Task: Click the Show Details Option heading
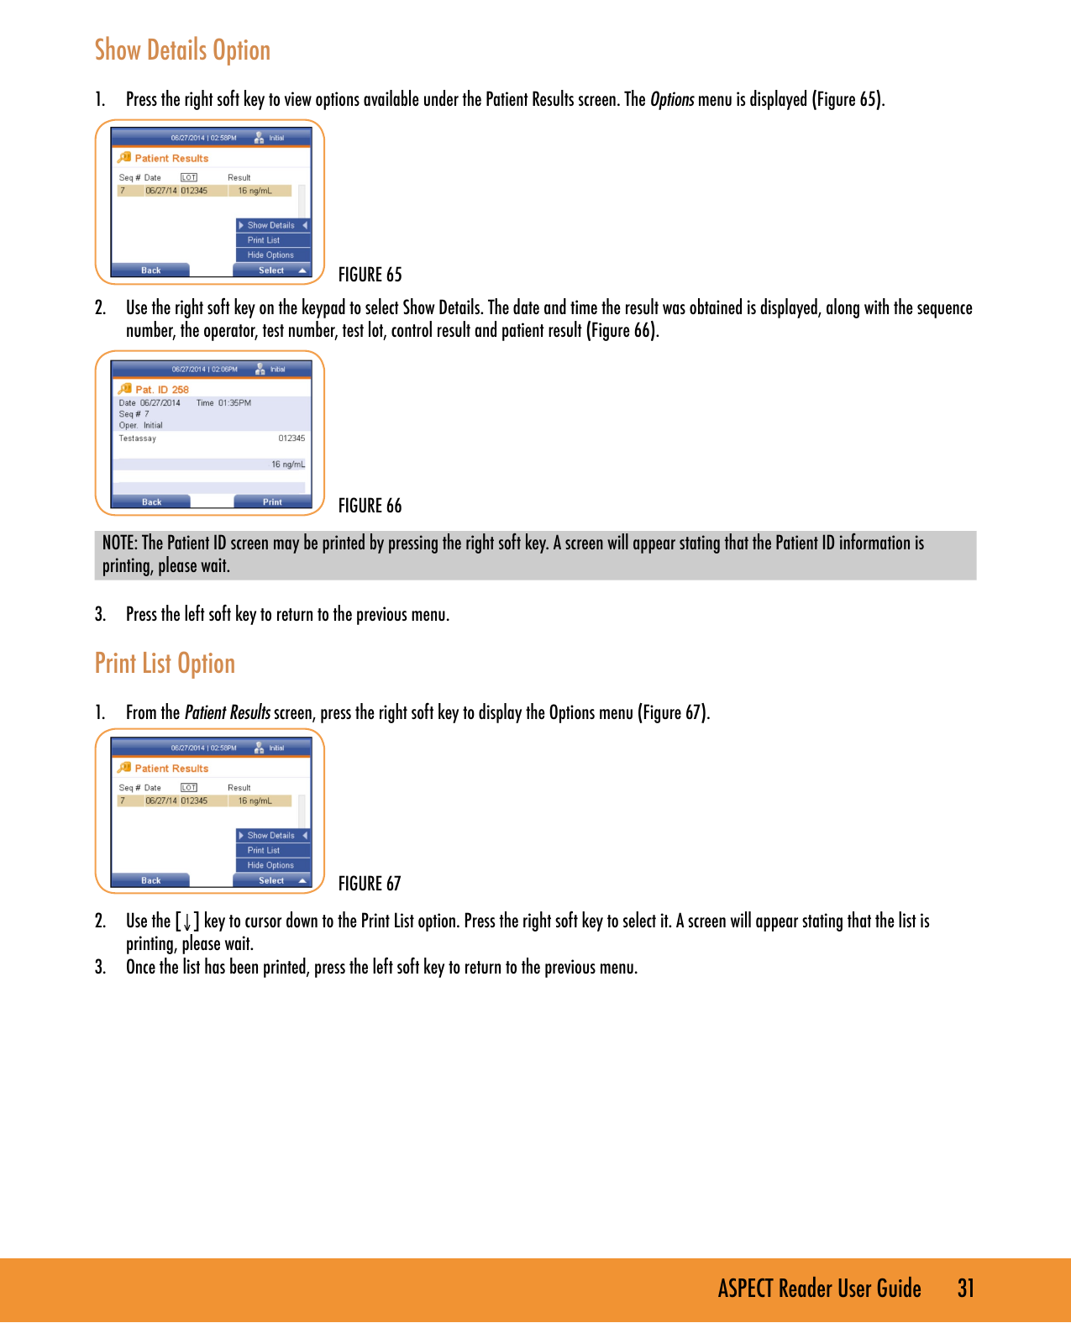coord(182,50)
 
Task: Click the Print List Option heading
coord(165,664)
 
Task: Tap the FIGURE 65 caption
coord(370,275)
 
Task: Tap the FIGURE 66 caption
coord(370,506)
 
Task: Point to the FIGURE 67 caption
coord(370,884)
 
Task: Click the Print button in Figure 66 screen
coord(272,502)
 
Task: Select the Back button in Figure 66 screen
coord(151,502)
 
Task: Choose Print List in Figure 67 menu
coord(264,850)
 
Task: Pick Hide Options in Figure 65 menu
coord(270,255)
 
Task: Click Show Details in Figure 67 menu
coord(270,836)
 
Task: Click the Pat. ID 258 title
coord(162,390)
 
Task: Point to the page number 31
coord(966,1289)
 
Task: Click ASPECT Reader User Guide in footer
coord(819,1289)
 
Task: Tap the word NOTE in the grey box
coord(119,543)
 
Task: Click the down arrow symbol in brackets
coord(187,922)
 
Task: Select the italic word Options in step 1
coord(672,100)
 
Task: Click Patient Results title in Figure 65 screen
coord(171,159)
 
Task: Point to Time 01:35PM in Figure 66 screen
coord(223,403)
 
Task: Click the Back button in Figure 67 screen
coord(151,881)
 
